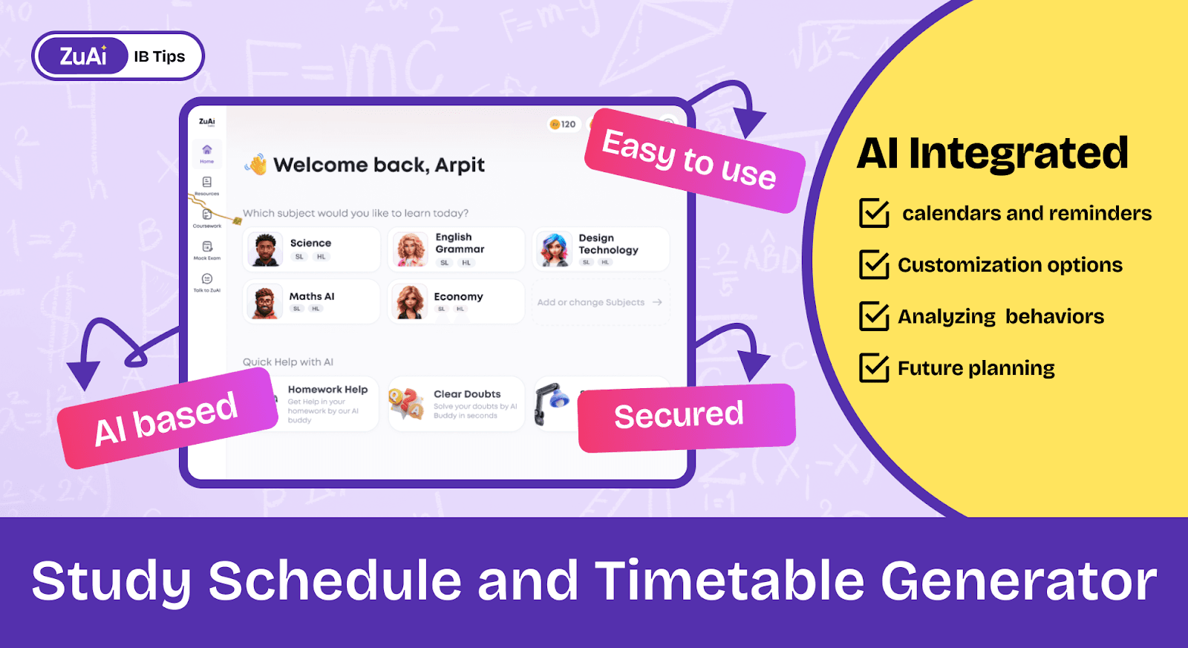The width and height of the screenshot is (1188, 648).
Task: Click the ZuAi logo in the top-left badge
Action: pyautogui.click(x=82, y=56)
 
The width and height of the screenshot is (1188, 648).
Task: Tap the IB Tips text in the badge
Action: pyautogui.click(x=160, y=56)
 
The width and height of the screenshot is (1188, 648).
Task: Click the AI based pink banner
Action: pyautogui.click(x=166, y=419)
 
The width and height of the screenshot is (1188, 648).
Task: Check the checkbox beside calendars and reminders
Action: pyautogui.click(x=874, y=213)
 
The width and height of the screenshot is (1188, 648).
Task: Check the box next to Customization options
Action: pyautogui.click(x=874, y=264)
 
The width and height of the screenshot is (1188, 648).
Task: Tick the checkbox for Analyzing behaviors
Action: pyautogui.click(x=874, y=316)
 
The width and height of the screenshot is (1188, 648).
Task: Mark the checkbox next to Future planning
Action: pyautogui.click(x=874, y=367)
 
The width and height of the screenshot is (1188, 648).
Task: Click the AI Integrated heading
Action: pyautogui.click(x=992, y=154)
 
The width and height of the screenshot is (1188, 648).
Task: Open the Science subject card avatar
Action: pyautogui.click(x=265, y=249)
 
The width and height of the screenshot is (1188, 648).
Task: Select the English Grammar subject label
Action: pyautogui.click(x=460, y=243)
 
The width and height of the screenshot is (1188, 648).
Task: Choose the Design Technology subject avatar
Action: pyautogui.click(x=555, y=249)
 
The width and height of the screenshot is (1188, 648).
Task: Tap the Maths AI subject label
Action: pyautogui.click(x=312, y=296)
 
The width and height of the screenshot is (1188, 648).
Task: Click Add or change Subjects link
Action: pyautogui.click(x=592, y=302)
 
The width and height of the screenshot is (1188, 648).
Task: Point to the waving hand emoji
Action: pyautogui.click(x=257, y=164)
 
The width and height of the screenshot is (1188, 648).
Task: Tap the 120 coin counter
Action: pyautogui.click(x=564, y=124)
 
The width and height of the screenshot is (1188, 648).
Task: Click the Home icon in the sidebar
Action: pyautogui.click(x=207, y=150)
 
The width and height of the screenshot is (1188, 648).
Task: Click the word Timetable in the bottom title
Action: pyautogui.click(x=730, y=580)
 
